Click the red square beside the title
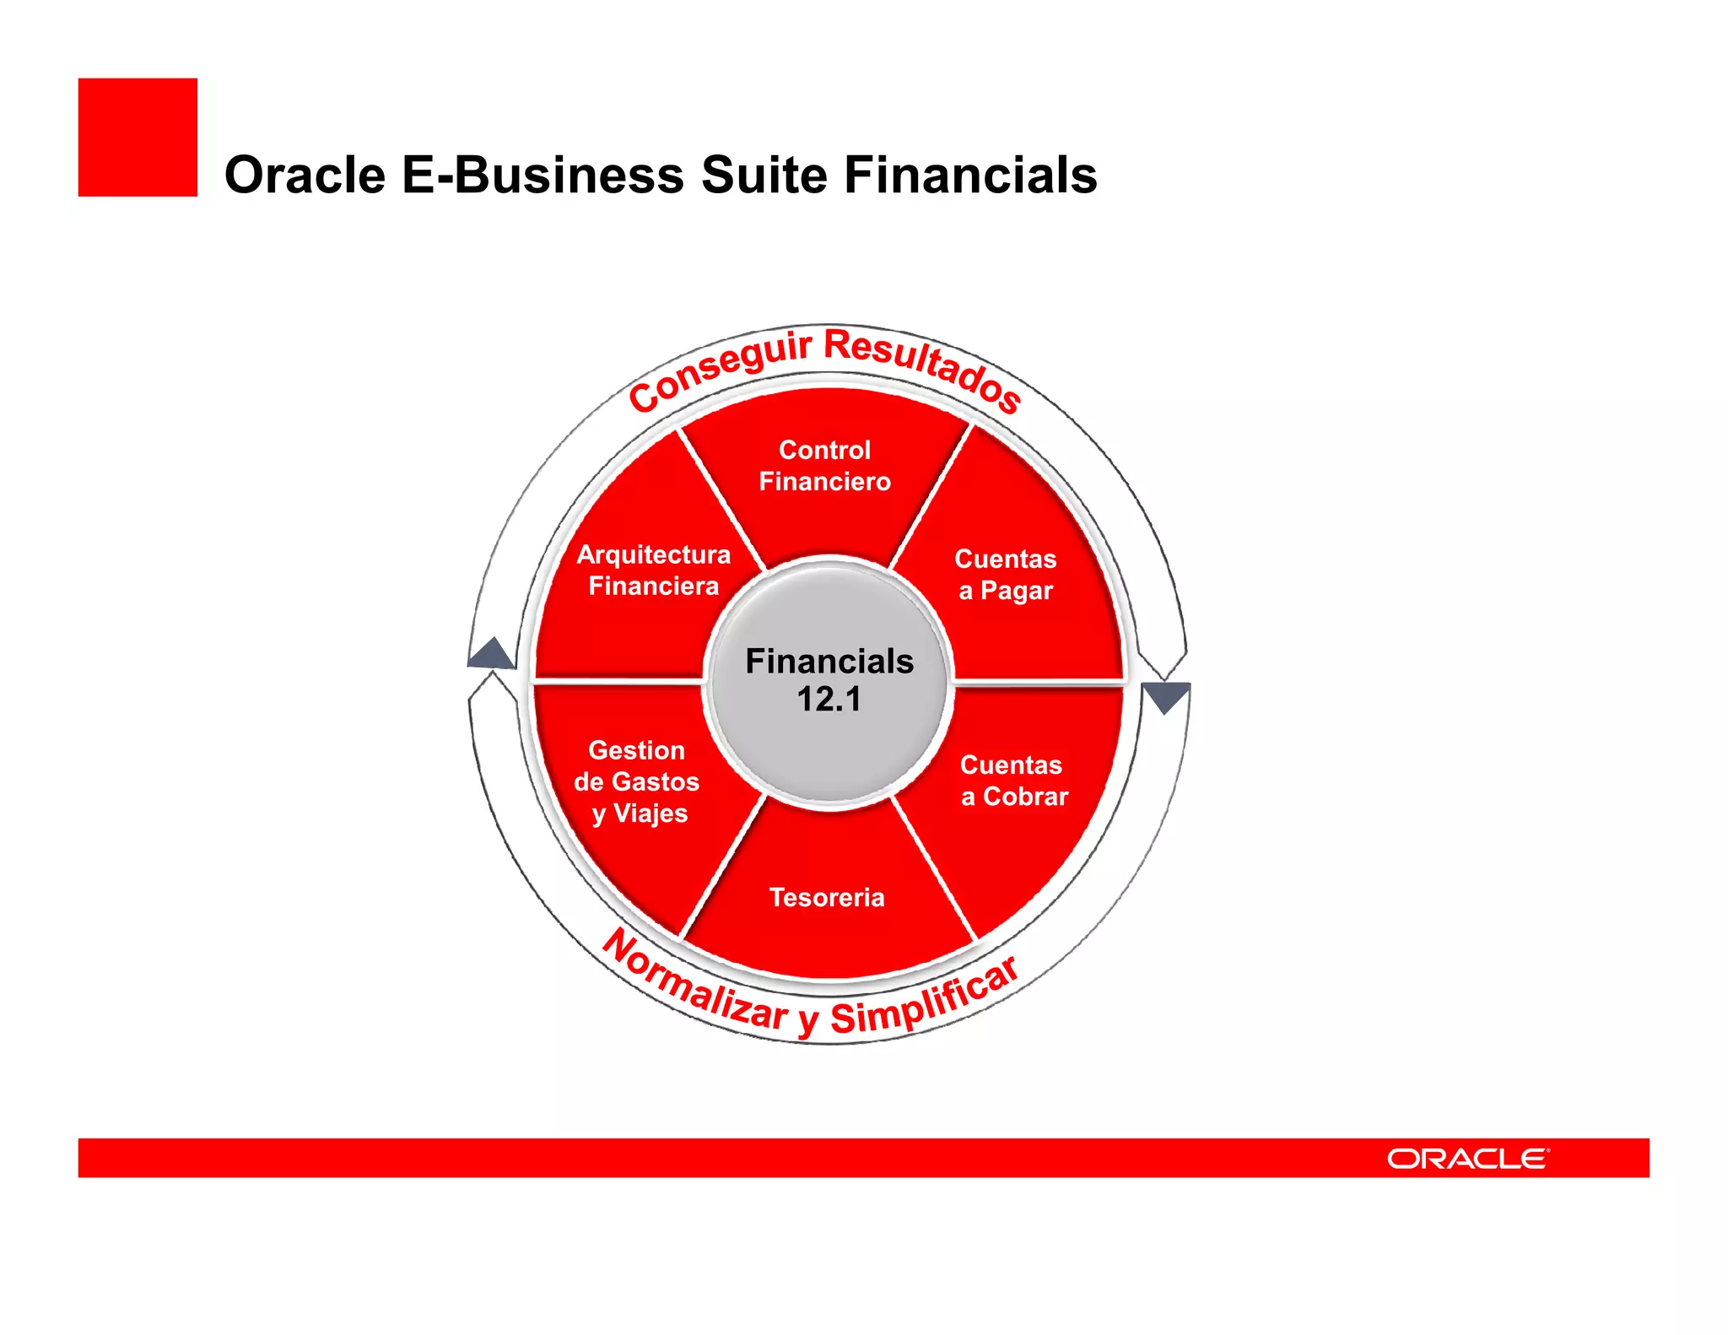138,138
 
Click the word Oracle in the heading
305,176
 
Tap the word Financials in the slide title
970,176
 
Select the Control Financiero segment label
824,466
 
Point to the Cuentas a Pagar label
1005,575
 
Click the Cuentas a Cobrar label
1013,781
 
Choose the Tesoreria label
827,897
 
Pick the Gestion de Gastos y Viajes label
637,781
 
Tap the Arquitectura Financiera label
654,570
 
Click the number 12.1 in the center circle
829,700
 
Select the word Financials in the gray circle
829,662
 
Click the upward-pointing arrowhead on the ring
491,653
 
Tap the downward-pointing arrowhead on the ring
1165,697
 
